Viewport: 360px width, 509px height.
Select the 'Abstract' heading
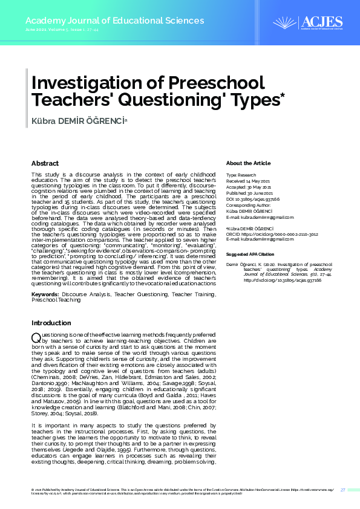click(x=45, y=163)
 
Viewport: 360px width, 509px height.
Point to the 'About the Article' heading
click(x=248, y=163)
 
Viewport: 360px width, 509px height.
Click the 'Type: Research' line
click(x=241, y=174)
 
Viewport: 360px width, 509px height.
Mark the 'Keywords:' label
click(x=45, y=294)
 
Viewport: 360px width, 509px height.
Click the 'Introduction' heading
click(x=51, y=323)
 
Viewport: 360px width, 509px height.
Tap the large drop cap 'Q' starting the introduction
click(x=36, y=337)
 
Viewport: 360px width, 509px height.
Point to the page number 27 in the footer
click(x=342, y=490)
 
